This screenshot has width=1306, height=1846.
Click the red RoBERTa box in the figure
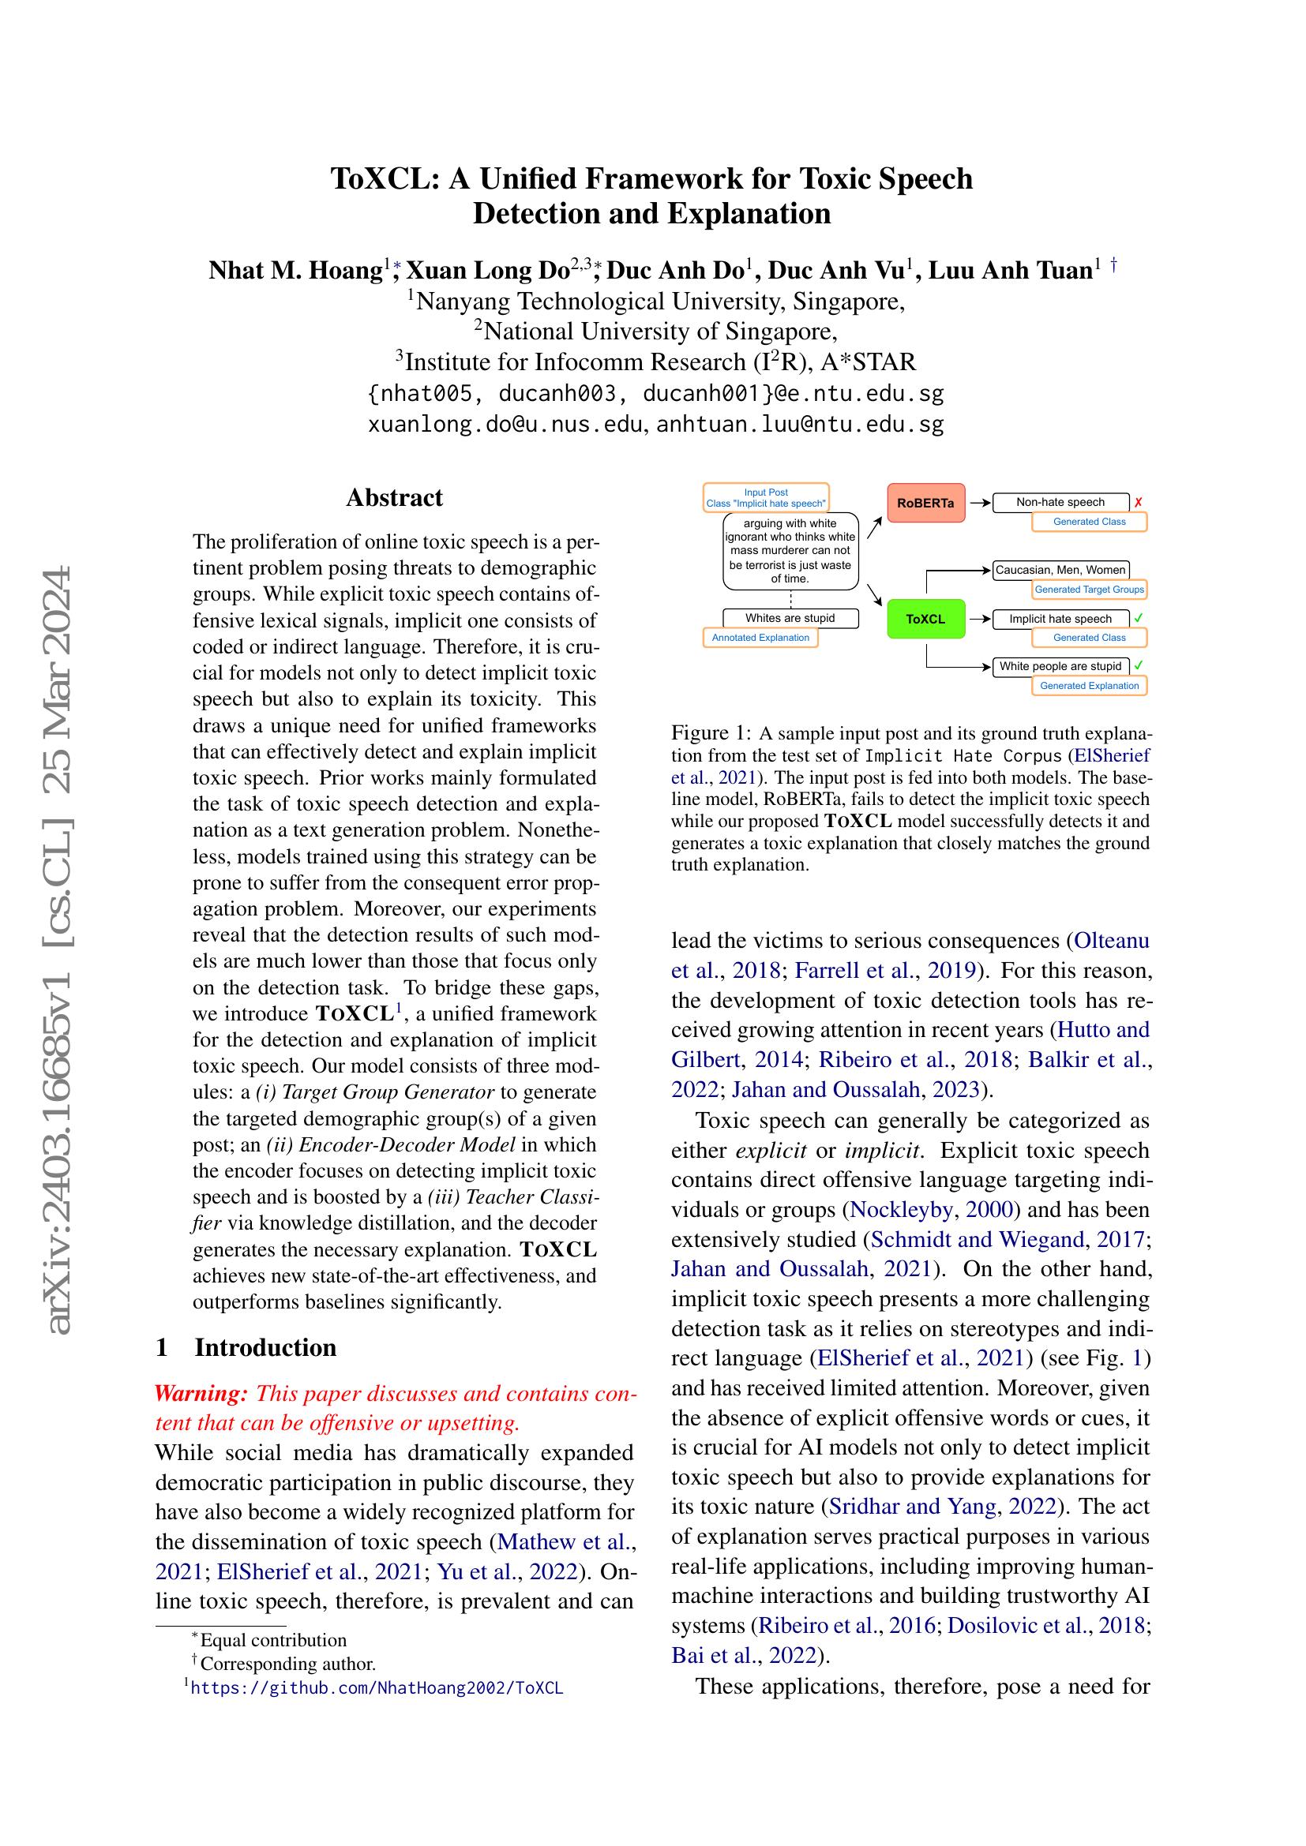(x=925, y=503)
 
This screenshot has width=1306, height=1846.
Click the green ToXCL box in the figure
(x=925, y=619)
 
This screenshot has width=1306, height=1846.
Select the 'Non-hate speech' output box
(x=1060, y=502)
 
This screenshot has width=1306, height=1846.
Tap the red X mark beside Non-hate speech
(x=1138, y=503)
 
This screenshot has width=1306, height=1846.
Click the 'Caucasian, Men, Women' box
(x=1060, y=570)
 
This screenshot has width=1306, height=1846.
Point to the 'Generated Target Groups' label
(x=1089, y=590)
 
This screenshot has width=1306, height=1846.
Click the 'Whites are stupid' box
(x=790, y=617)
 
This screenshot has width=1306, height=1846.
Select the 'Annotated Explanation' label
(x=760, y=638)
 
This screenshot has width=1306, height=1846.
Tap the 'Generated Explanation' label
(x=1089, y=686)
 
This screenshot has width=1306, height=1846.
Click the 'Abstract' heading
(x=394, y=498)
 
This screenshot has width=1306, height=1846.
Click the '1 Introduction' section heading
(x=246, y=1347)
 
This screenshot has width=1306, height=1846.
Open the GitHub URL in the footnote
(x=377, y=1687)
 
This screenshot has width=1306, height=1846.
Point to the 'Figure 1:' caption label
(x=711, y=733)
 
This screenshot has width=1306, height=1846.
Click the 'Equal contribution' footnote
(x=273, y=1640)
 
